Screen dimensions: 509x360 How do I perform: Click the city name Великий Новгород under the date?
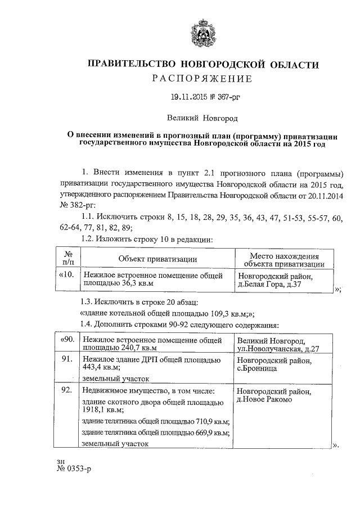click(202, 119)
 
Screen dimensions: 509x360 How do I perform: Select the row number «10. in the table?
click(66, 276)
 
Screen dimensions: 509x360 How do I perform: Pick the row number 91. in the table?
click(68, 359)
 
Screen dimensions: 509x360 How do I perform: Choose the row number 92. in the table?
click(68, 389)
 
